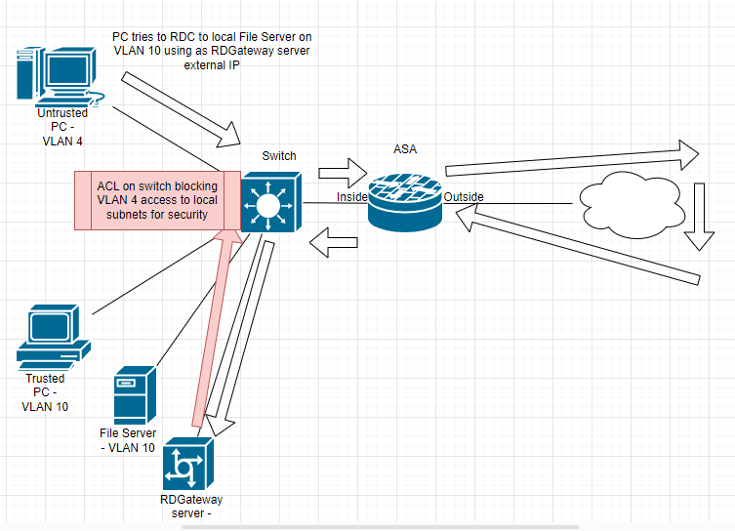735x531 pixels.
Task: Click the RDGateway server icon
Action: [x=187, y=464]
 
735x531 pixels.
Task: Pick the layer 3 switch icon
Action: [x=268, y=201]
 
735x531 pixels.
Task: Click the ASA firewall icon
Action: [x=405, y=199]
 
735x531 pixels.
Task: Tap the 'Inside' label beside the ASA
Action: [x=352, y=197]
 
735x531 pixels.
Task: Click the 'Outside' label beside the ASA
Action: [x=464, y=197]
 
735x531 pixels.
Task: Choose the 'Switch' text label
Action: [x=279, y=156]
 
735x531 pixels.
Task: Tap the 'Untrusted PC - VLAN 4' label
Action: [x=64, y=127]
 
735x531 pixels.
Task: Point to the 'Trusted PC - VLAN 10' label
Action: [x=45, y=392]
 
